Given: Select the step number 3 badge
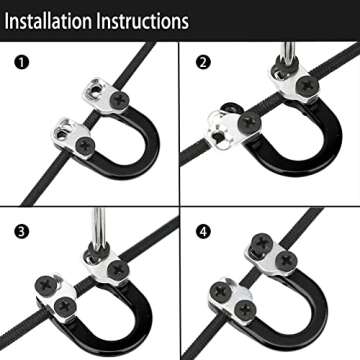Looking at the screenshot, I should tap(19, 234).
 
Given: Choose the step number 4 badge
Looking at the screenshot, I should tap(203, 234).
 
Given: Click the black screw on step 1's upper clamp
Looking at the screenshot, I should tap(119, 98).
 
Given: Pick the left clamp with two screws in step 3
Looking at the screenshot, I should tap(56, 296).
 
